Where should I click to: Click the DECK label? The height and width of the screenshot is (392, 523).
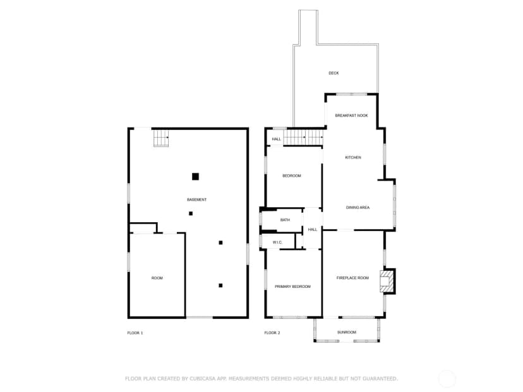click(x=334, y=73)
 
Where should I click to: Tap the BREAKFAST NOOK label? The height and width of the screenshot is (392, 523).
click(x=352, y=116)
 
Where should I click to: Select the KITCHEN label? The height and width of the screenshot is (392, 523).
click(x=353, y=157)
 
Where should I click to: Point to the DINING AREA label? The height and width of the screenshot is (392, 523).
click(x=358, y=207)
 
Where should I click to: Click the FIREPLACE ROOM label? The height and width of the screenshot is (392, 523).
click(x=352, y=278)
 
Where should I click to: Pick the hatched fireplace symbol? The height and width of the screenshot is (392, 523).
click(x=385, y=282)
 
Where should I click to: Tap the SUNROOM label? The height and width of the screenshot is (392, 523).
click(x=347, y=332)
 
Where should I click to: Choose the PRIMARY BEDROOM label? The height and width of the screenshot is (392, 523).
click(x=292, y=287)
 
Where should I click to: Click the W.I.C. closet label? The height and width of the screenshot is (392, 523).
click(x=277, y=242)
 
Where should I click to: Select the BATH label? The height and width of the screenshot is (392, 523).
click(x=285, y=220)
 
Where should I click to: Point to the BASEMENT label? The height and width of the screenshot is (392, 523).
click(x=197, y=199)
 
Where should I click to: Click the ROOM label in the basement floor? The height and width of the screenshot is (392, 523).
click(x=157, y=278)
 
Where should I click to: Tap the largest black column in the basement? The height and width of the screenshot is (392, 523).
click(x=195, y=176)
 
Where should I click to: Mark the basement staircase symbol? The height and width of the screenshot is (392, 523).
click(x=161, y=138)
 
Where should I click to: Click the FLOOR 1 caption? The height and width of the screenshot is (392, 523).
click(x=135, y=333)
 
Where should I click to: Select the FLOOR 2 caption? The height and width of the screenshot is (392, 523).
click(x=272, y=333)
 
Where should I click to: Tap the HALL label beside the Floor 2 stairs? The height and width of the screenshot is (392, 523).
click(x=277, y=139)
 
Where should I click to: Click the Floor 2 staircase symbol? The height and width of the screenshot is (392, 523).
click(x=303, y=138)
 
